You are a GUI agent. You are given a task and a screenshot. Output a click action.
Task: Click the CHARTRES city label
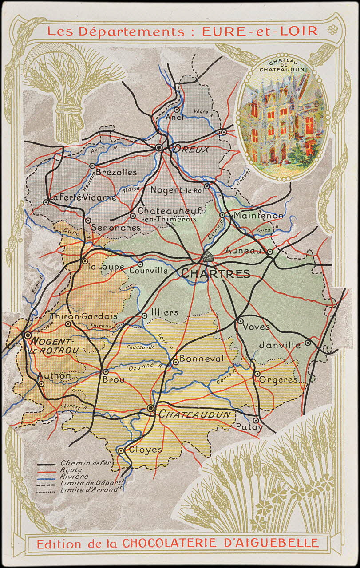point(216,274)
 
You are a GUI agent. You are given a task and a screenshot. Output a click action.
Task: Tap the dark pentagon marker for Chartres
point(207,257)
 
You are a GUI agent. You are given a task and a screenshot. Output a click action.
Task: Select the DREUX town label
point(190,150)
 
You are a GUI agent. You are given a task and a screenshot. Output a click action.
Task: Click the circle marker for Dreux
point(159,148)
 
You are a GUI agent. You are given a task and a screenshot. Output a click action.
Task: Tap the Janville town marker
point(308,343)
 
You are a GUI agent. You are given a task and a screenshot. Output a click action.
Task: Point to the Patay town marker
point(256,420)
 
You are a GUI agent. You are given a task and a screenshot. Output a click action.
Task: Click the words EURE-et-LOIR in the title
point(259,31)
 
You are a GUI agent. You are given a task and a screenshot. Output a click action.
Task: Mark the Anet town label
point(174,118)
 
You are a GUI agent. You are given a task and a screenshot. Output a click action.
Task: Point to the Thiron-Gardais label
point(84,316)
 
